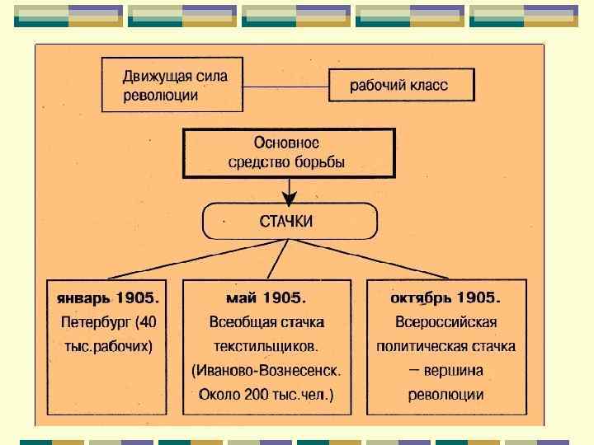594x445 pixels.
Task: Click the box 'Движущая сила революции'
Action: (172, 84)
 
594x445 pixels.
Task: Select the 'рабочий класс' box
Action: (401, 85)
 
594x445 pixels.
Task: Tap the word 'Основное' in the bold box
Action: (285, 143)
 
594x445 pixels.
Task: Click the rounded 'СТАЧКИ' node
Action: (290, 220)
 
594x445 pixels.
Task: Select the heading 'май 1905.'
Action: (266, 297)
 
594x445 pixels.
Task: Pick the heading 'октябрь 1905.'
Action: (446, 297)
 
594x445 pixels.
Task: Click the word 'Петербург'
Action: (96, 321)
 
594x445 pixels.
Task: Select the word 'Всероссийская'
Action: (446, 321)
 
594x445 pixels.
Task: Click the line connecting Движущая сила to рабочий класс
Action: (285, 85)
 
